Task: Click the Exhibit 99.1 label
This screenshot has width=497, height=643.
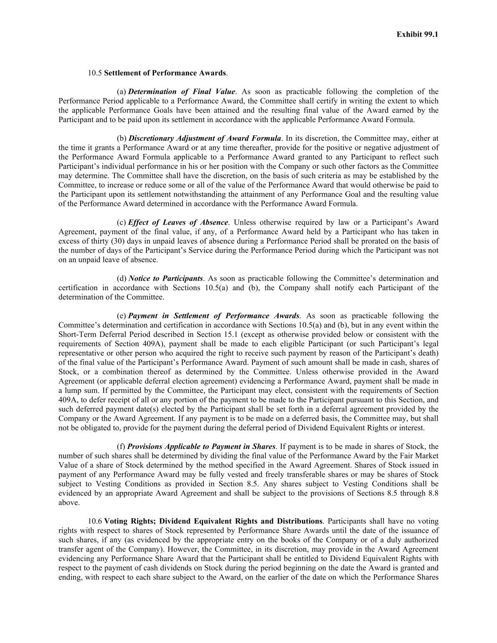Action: (x=417, y=34)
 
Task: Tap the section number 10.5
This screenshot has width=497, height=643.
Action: (x=95, y=73)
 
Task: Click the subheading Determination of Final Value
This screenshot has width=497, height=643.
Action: (x=181, y=92)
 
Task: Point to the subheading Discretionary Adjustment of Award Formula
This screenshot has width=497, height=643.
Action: (x=205, y=138)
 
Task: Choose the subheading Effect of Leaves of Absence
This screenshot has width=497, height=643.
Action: (x=178, y=222)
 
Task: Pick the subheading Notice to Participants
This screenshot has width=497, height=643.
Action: (x=165, y=278)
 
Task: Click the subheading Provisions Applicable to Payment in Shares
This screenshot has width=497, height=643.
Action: (x=202, y=447)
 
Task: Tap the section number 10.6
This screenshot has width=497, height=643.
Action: (x=95, y=521)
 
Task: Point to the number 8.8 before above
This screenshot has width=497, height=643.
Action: (x=433, y=493)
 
